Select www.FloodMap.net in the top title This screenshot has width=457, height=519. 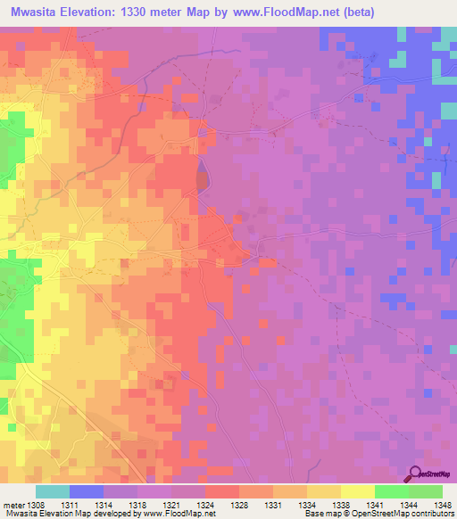295,12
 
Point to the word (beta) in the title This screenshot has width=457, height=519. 374,12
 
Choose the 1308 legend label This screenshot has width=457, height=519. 35,505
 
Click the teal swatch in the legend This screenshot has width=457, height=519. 52,491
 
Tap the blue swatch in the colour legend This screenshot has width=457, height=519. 86,491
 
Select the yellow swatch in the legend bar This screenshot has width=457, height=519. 357,491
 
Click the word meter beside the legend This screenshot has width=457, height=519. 13,505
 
